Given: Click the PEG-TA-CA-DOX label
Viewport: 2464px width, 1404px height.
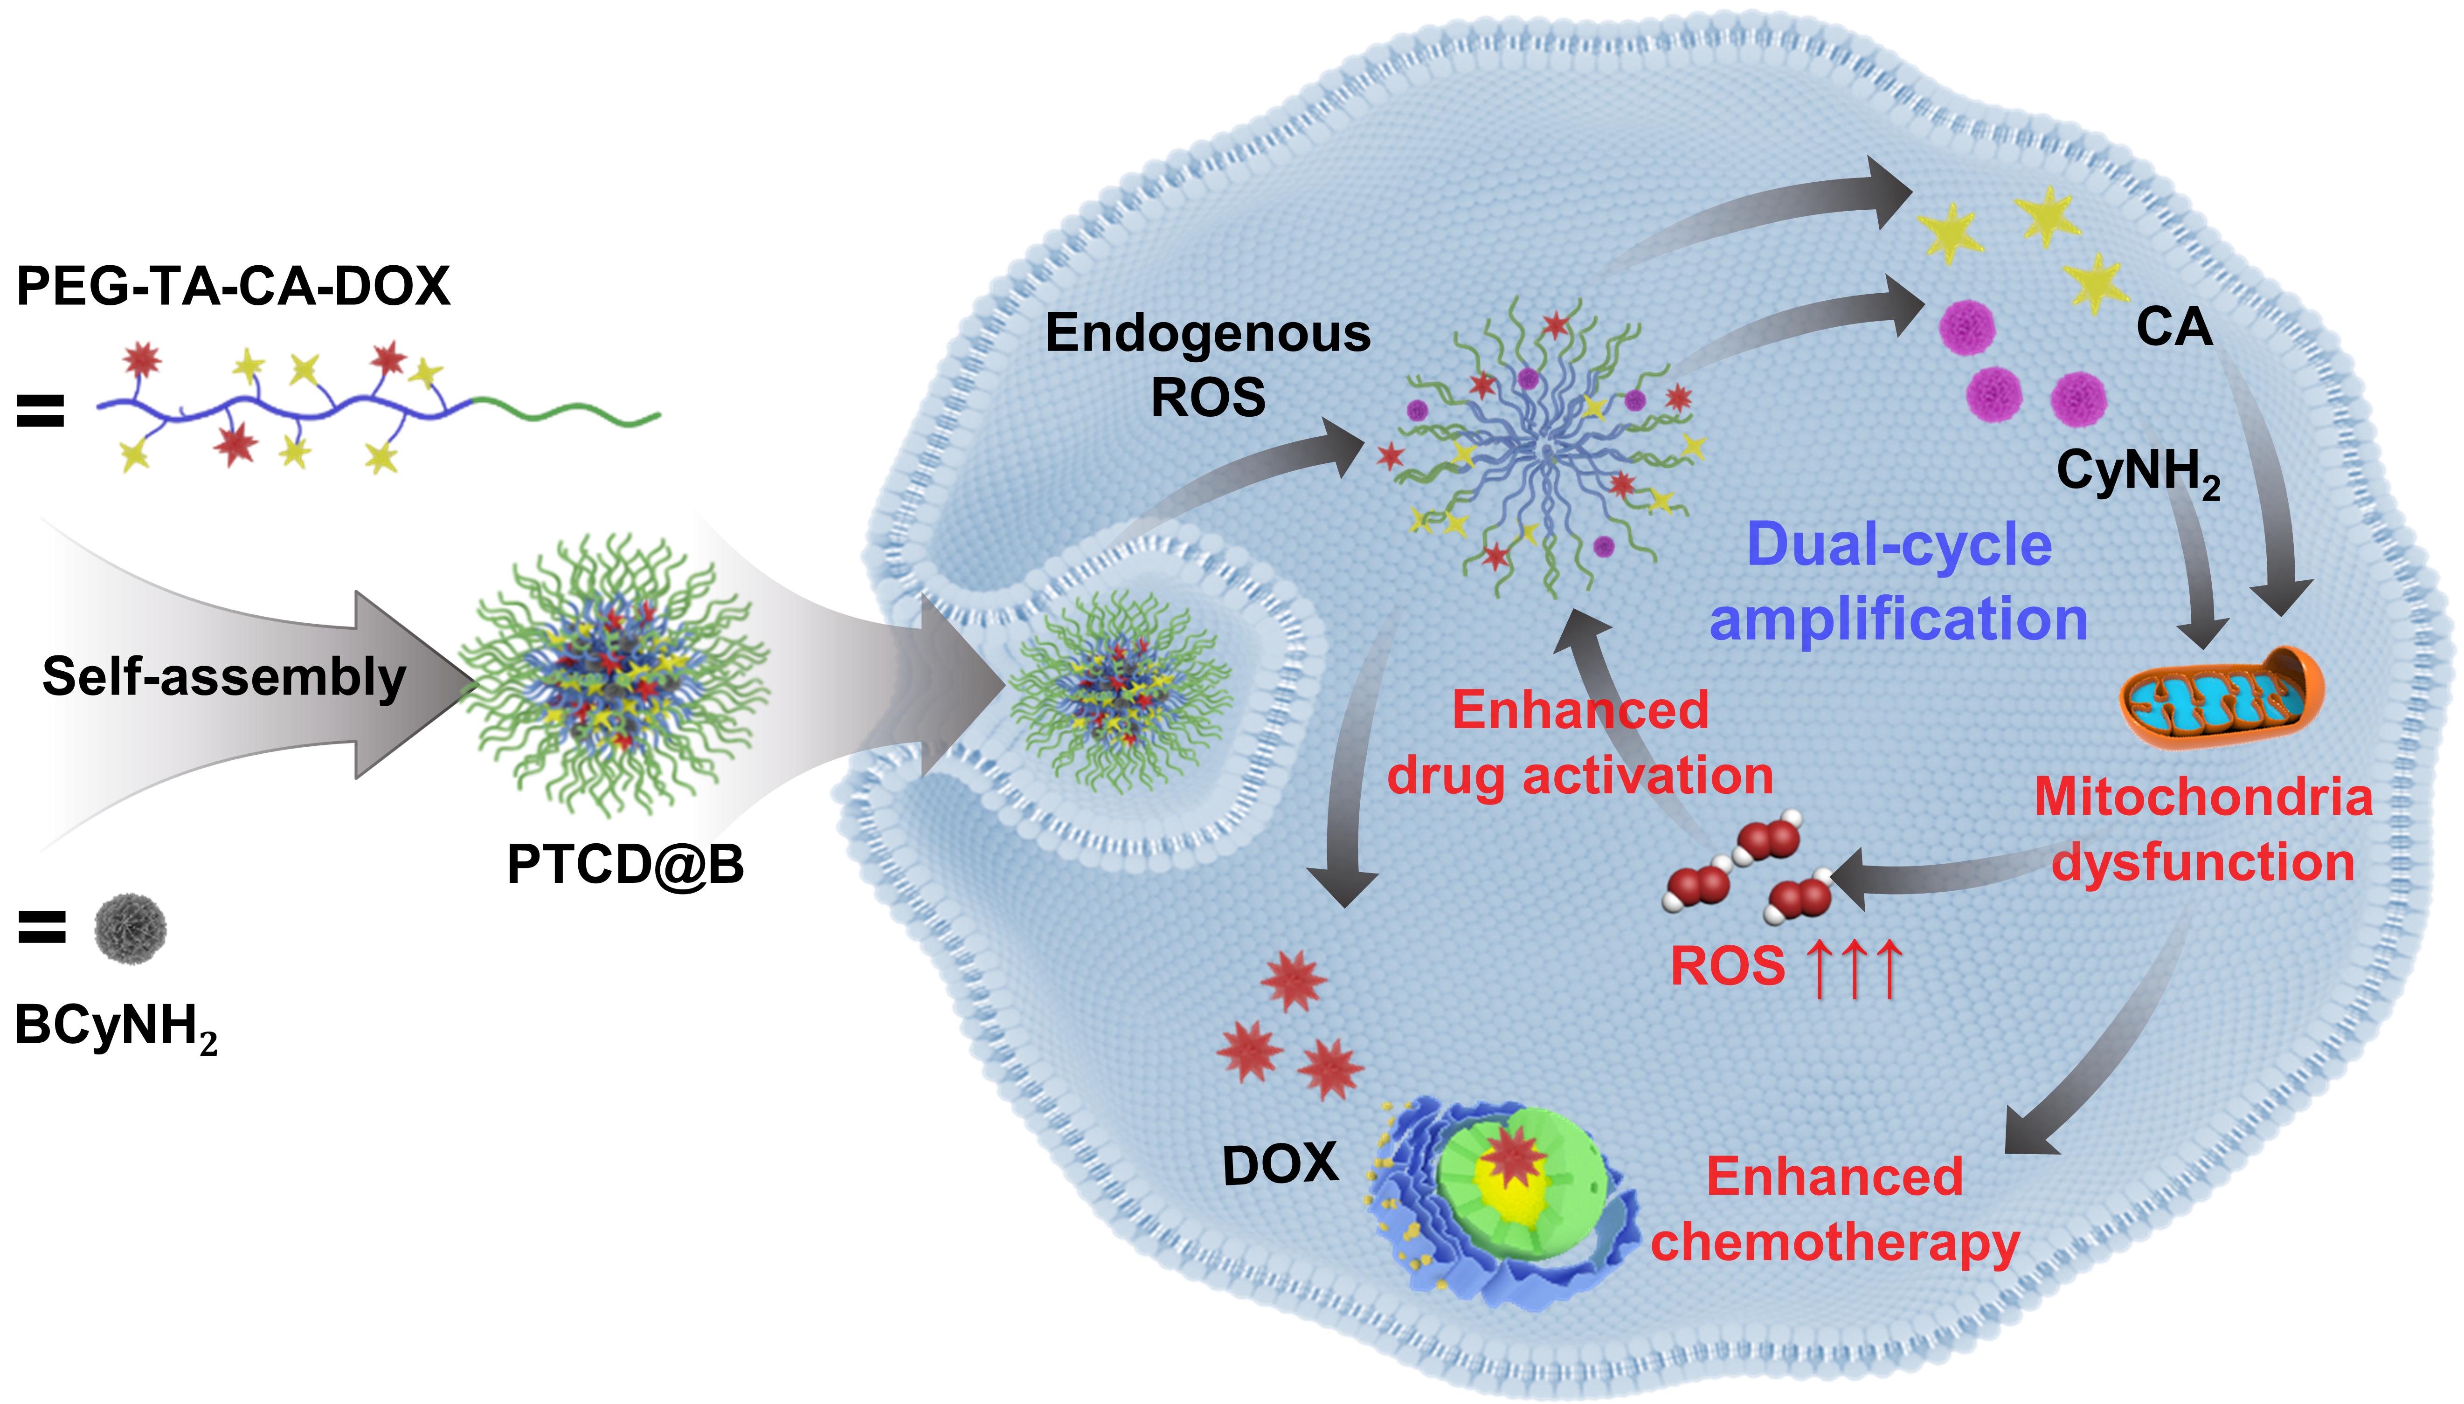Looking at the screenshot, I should [233, 286].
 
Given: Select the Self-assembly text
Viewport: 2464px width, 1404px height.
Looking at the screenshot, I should [224, 677].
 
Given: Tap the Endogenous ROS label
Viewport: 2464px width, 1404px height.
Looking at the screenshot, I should [1207, 365].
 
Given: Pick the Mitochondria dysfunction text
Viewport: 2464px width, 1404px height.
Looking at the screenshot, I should [2203, 829].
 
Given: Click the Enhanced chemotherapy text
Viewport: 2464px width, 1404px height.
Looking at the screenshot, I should [1834, 1209].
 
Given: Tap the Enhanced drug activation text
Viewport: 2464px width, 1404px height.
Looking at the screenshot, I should [1580, 743].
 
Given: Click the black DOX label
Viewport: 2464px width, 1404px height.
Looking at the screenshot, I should [1280, 1165].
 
